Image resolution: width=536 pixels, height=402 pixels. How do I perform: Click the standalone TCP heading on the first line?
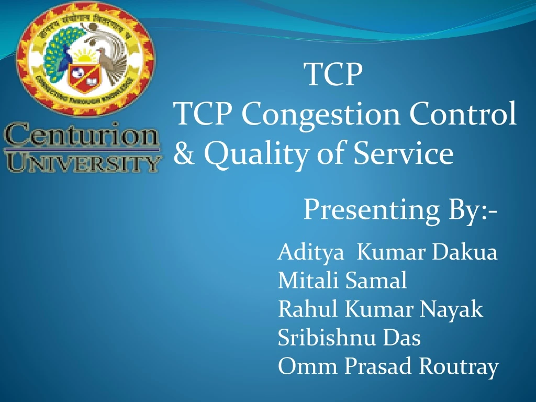(x=334, y=75)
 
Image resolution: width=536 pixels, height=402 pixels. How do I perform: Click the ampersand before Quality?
(x=183, y=154)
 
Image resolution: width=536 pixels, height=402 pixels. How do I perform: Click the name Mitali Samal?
(x=342, y=281)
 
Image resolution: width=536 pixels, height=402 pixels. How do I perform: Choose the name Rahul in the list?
(x=309, y=310)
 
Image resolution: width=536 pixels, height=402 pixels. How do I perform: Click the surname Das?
(x=402, y=338)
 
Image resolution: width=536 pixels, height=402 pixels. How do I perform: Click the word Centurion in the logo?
(x=81, y=137)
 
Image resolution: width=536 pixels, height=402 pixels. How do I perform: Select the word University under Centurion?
(x=81, y=162)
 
